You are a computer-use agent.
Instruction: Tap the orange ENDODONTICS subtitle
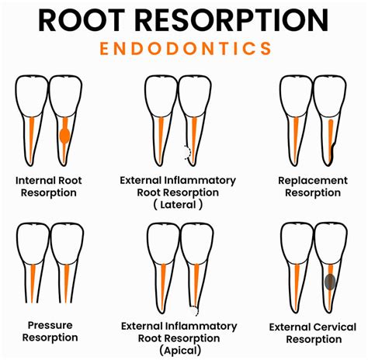coord(184,48)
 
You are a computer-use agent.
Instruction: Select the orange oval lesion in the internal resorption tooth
coord(64,137)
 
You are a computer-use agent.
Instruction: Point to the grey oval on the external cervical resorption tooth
coord(329,283)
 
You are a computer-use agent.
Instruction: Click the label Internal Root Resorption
coord(48,186)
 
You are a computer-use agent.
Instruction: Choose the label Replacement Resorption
coord(313,186)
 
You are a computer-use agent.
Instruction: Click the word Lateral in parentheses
coord(179,205)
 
